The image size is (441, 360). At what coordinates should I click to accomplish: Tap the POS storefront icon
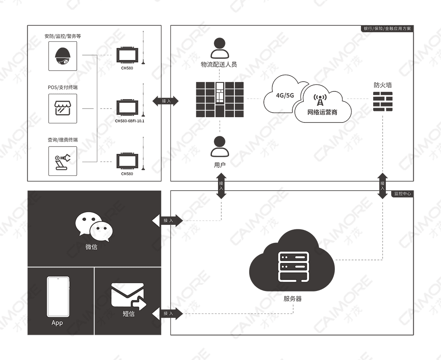(62, 109)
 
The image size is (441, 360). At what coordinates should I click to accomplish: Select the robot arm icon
(62, 161)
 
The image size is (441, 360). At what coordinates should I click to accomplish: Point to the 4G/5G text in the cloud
(285, 96)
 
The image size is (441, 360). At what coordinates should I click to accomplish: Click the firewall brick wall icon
(383, 102)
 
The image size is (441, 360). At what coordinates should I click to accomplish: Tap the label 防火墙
(383, 85)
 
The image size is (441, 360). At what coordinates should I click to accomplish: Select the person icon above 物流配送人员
(220, 48)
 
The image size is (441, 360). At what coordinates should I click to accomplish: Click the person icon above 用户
(220, 147)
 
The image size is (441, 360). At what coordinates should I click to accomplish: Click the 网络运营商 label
(323, 112)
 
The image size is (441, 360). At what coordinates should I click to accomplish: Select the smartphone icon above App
(58, 296)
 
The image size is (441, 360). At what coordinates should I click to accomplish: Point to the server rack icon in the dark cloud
(292, 267)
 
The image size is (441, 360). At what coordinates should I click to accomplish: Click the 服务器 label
(292, 299)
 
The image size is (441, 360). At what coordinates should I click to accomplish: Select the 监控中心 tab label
(402, 193)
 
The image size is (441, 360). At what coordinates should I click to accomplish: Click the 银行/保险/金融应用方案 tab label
(388, 29)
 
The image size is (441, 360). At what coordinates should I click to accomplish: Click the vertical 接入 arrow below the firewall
(383, 185)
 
